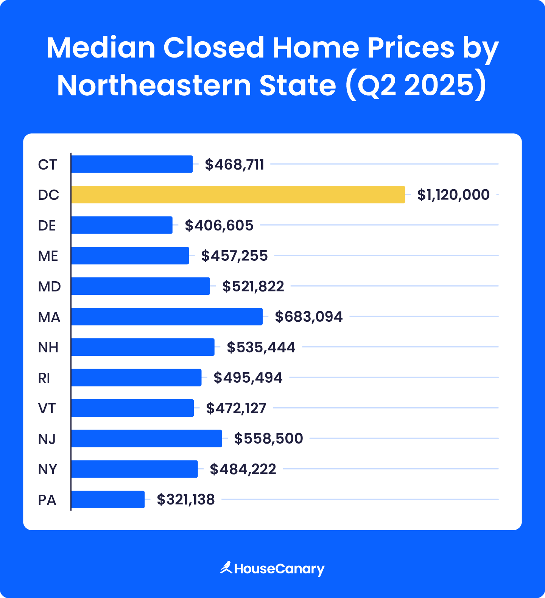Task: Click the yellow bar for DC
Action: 238,195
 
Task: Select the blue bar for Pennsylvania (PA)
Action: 108,500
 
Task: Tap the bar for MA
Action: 167,316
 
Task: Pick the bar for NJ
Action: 146,438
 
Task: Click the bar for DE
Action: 122,225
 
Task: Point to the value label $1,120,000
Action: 453,195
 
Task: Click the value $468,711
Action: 234,165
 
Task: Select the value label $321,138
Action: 186,500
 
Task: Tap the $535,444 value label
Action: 261,347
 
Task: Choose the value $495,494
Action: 248,378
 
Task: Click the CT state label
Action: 47,165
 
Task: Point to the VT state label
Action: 47,408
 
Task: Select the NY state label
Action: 47,469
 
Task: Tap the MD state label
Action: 49,287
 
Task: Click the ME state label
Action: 48,256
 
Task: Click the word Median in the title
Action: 101,48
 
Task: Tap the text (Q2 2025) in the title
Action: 416,85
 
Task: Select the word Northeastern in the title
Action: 154,85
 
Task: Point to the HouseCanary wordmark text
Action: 279,569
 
